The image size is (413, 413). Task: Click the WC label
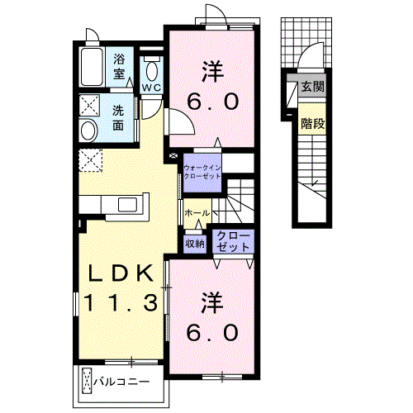151,88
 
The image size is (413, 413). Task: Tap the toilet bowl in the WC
151,71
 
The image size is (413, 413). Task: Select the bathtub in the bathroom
92,67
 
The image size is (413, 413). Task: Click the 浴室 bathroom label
119,67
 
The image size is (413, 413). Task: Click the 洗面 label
118,118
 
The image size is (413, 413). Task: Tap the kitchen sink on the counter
127,205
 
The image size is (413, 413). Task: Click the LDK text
121,273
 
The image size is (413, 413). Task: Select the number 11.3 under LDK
121,302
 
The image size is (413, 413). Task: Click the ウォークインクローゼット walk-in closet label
202,172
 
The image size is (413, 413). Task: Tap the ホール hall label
197,213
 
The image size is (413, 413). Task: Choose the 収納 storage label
195,244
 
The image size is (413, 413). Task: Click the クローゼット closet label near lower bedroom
233,242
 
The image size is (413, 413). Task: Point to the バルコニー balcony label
121,382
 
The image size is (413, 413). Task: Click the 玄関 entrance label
312,87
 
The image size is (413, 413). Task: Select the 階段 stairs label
312,123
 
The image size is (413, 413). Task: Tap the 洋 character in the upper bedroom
212,71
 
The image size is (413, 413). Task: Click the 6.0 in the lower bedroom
212,332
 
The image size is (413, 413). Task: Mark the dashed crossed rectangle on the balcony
87,382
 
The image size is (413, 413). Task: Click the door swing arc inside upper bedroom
188,116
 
